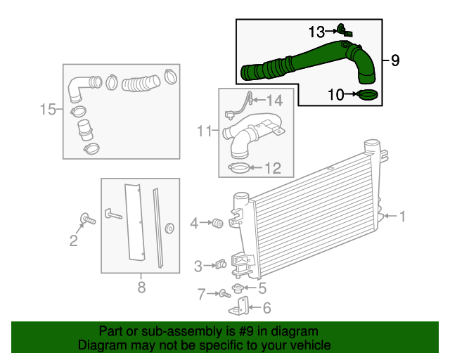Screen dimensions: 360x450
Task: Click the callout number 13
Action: tap(316, 31)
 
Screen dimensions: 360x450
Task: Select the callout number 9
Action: tap(395, 60)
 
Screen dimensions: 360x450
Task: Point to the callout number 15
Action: tap(48, 109)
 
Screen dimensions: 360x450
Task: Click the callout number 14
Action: tap(274, 101)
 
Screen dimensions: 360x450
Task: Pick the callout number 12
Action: tap(272, 168)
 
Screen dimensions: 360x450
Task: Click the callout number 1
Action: tap(403, 217)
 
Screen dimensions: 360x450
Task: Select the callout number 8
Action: tap(141, 286)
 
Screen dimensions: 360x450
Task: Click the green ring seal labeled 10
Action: tap(367, 94)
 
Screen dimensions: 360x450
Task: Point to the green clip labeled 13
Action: tap(343, 30)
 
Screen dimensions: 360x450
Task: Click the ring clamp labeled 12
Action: tap(240, 168)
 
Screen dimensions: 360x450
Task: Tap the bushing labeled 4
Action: tap(218, 224)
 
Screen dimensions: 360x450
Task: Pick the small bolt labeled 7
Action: tap(223, 292)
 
